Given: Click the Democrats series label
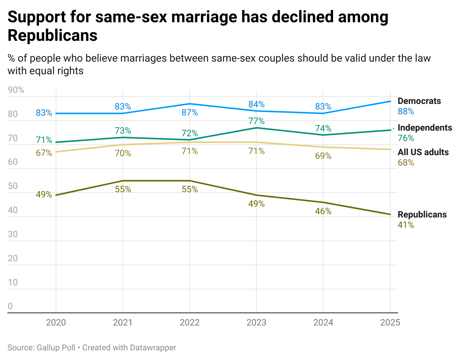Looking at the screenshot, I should click(x=419, y=101).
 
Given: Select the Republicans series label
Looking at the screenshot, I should click(x=422, y=215).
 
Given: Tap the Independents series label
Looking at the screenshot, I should click(x=425, y=128).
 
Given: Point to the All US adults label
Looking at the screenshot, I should click(x=423, y=152).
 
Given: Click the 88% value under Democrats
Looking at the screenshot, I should click(x=406, y=111).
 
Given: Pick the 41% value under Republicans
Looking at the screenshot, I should click(x=406, y=225).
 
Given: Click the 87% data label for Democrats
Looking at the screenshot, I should click(x=190, y=112).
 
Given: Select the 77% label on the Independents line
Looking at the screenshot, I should click(x=256, y=121).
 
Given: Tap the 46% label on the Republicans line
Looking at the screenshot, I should click(x=323, y=211).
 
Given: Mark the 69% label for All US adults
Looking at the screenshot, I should click(x=323, y=156).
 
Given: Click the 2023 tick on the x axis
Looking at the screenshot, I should click(x=256, y=322).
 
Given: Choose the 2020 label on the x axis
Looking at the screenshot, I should click(x=56, y=322).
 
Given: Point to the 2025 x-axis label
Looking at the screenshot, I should click(x=390, y=322).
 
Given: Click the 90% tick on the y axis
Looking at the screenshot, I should click(x=16, y=90).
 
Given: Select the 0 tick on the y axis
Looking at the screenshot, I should click(x=10, y=306).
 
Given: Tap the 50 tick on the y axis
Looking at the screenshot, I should click(x=13, y=186).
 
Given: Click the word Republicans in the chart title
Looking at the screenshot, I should click(x=53, y=36).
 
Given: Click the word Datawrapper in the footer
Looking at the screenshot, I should click(x=153, y=348).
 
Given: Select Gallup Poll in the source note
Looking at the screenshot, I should click(x=56, y=348).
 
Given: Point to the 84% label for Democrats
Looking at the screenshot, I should click(x=256, y=104).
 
